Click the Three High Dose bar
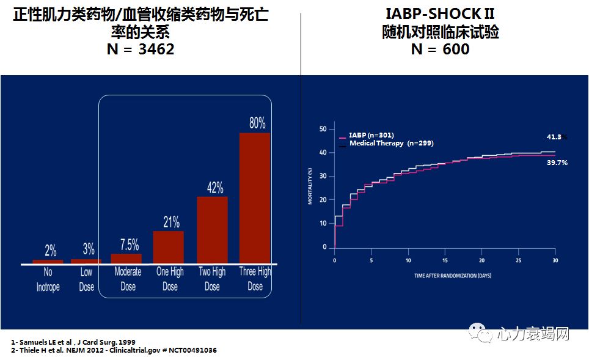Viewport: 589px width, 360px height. click(255, 198)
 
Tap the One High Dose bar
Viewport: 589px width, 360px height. click(168, 247)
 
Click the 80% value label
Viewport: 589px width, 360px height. click(257, 123)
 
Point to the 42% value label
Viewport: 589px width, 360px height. click(214, 188)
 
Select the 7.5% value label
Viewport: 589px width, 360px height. click(129, 245)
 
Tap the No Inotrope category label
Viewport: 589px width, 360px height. click(48, 279)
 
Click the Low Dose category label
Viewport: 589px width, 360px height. click(87, 279)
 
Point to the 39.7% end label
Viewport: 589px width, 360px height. click(557, 163)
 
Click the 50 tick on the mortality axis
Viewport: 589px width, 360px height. click(324, 129)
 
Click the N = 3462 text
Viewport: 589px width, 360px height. click(141, 50)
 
